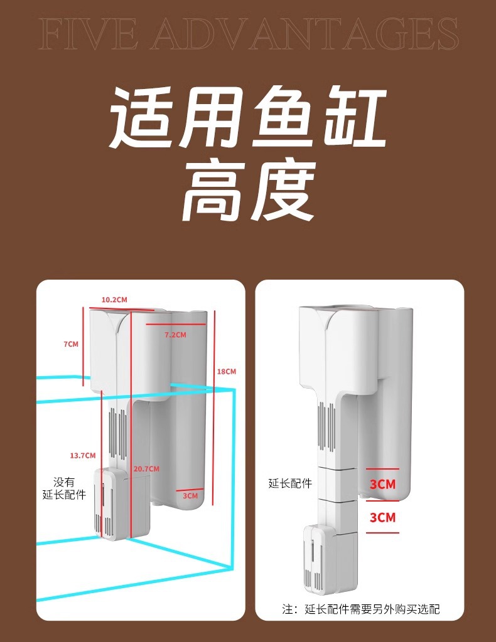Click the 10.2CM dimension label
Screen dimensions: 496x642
[114, 300]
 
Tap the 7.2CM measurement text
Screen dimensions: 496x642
[175, 335]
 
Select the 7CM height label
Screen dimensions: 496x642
[71, 344]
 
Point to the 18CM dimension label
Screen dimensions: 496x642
[226, 372]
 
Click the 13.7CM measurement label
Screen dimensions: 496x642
[83, 455]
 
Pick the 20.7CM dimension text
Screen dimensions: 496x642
[146, 469]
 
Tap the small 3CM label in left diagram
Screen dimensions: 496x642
[190, 496]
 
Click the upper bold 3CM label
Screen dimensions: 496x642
[382, 485]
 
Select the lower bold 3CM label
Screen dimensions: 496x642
[382, 517]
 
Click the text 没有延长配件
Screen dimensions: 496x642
[64, 488]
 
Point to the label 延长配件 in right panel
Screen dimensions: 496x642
[290, 483]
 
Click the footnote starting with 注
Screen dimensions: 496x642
[361, 609]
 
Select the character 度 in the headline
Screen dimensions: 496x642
[282, 189]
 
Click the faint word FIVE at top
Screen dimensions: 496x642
[88, 34]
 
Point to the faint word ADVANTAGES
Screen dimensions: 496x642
[305, 34]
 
